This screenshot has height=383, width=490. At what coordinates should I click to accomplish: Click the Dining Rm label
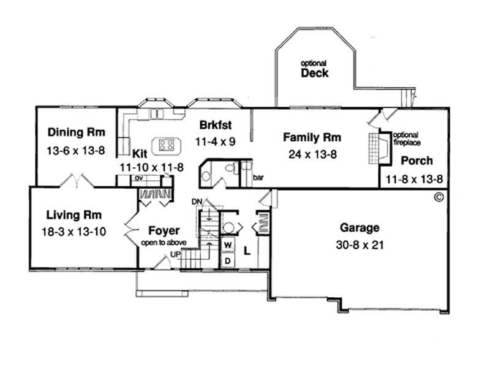point(77,132)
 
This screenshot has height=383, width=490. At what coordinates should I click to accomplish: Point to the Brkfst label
point(215,126)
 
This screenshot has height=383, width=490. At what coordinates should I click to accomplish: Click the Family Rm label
point(312,137)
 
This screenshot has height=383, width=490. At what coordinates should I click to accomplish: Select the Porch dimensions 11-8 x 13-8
point(414,179)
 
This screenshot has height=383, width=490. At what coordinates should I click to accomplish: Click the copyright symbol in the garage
point(438,197)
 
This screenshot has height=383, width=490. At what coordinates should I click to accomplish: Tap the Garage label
point(360,227)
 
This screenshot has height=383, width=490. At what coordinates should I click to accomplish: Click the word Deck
point(314,73)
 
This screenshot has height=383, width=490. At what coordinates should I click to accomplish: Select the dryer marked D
point(227,259)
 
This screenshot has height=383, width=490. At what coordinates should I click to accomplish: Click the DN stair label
point(197,202)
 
